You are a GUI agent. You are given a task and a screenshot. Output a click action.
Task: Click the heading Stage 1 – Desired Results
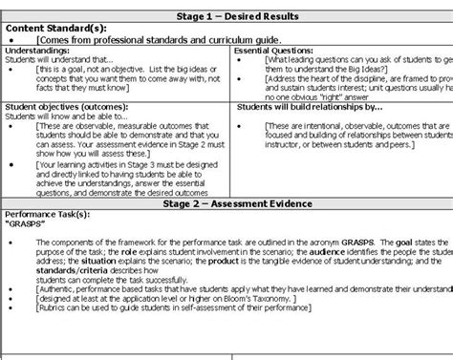[226, 17]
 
